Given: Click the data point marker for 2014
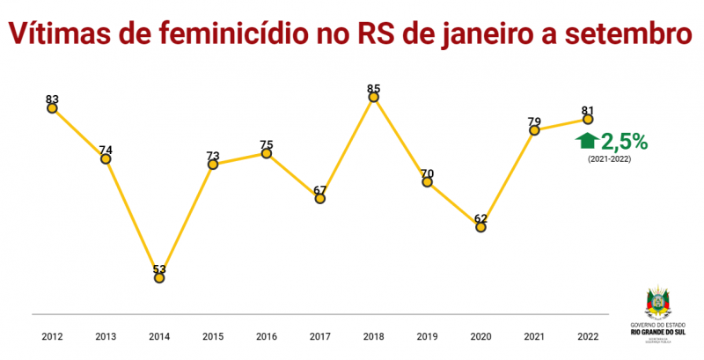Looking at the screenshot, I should point(159,277).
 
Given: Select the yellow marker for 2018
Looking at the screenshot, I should point(374,98).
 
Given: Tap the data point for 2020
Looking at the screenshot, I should point(480,227).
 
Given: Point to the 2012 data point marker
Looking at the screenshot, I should point(52,107).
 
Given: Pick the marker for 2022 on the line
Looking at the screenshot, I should point(588,120).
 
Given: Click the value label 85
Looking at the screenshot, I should point(374,88).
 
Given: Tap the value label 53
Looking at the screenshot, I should point(159,268).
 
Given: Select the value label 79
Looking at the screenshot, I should point(534,121).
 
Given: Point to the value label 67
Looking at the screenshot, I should point(320,189).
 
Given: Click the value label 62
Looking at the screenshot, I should point(480,217).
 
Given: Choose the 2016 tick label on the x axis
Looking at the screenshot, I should point(267,335).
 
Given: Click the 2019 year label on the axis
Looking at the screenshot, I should point(427,335).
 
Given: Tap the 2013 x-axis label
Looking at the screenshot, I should point(106,335).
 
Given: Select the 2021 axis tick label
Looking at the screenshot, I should point(534,335).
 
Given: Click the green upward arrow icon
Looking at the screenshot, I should point(586,141).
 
